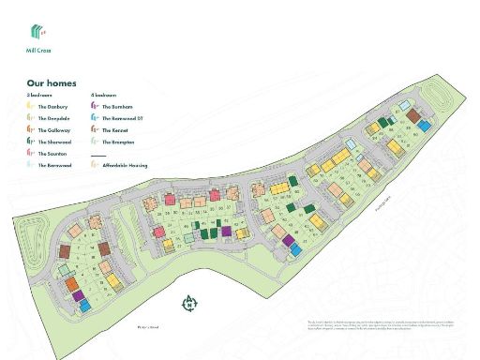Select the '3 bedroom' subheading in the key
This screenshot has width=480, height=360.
37,96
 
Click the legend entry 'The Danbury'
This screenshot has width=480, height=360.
51,108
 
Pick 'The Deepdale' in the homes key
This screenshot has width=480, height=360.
52,119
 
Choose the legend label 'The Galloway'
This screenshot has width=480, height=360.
52,130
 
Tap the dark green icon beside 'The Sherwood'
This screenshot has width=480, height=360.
31,142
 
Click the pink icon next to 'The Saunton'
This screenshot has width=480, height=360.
31,153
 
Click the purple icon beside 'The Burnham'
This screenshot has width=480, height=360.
95,108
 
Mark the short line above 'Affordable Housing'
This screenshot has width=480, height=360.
97,155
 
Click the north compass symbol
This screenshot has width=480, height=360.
189,303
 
